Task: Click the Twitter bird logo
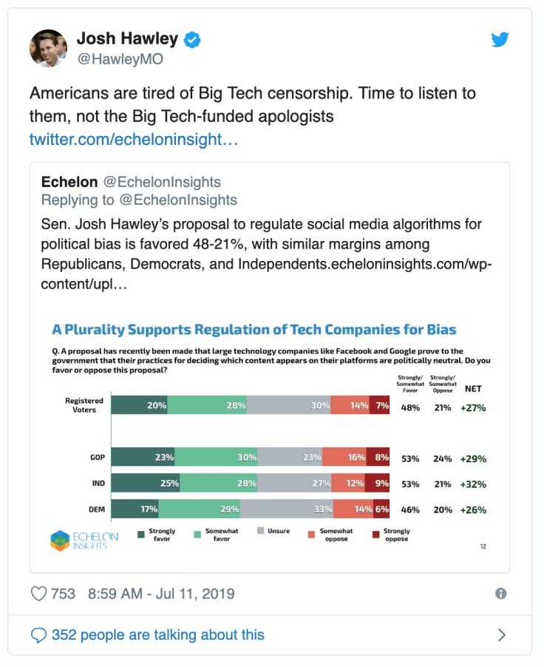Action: pyautogui.click(x=500, y=40)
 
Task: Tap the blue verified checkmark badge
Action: pyautogui.click(x=192, y=39)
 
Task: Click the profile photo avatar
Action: pyautogui.click(x=49, y=49)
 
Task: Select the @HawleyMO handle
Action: pyautogui.click(x=120, y=59)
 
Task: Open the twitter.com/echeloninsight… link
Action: pyautogui.click(x=133, y=139)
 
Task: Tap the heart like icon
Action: pyautogui.click(x=38, y=594)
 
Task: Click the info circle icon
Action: pyautogui.click(x=500, y=594)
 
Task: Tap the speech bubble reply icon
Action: pyautogui.click(x=38, y=634)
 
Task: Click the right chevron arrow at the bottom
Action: pyautogui.click(x=502, y=634)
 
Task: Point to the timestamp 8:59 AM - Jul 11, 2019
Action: pyautogui.click(x=161, y=594)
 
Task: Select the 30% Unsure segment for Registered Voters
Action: pyautogui.click(x=288, y=405)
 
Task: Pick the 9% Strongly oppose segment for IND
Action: pyautogui.click(x=379, y=484)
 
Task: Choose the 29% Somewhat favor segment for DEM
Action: pyautogui.click(x=200, y=509)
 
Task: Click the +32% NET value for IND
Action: pyautogui.click(x=473, y=484)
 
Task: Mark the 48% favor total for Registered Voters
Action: pyautogui.click(x=410, y=407)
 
